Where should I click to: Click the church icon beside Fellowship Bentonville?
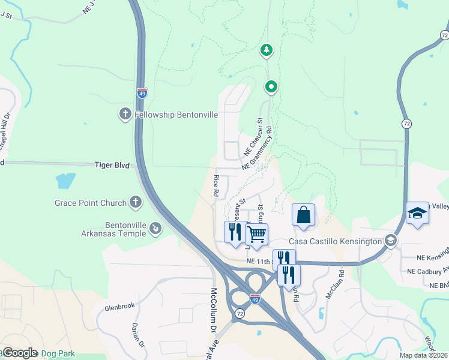[125, 114]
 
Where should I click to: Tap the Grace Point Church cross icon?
[136, 203]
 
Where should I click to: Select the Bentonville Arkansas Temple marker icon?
[155, 229]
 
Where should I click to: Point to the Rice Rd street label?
[215, 186]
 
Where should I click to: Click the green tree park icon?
[267, 50]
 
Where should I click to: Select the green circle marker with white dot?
[271, 88]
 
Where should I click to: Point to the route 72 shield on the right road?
[406, 122]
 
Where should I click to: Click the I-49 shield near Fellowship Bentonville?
[142, 93]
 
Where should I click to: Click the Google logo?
[20, 353]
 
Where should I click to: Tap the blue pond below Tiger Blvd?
[65, 179]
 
